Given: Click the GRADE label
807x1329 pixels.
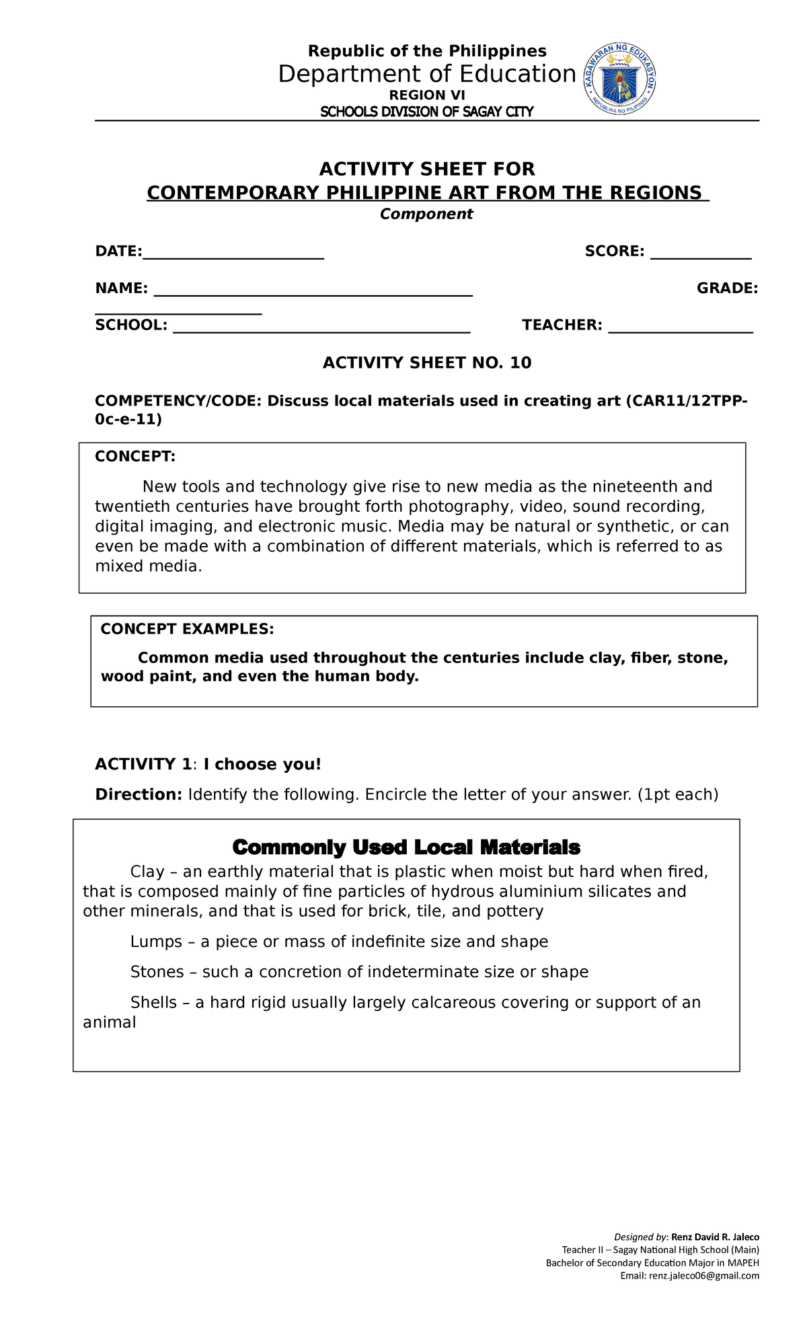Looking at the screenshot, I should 727,289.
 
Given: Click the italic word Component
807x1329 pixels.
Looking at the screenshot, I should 426,214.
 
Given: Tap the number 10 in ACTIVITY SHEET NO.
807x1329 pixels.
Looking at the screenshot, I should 521,363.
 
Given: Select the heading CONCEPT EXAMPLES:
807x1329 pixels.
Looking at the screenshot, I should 187,629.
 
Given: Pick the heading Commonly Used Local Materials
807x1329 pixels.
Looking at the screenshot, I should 406,847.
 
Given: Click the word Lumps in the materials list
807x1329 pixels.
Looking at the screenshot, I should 156,942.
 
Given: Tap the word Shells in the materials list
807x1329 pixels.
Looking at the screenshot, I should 153,1003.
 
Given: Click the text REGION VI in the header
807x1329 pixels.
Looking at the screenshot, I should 427,96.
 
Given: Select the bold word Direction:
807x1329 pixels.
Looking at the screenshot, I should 139,795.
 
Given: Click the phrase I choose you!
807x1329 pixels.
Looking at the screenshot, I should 262,765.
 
